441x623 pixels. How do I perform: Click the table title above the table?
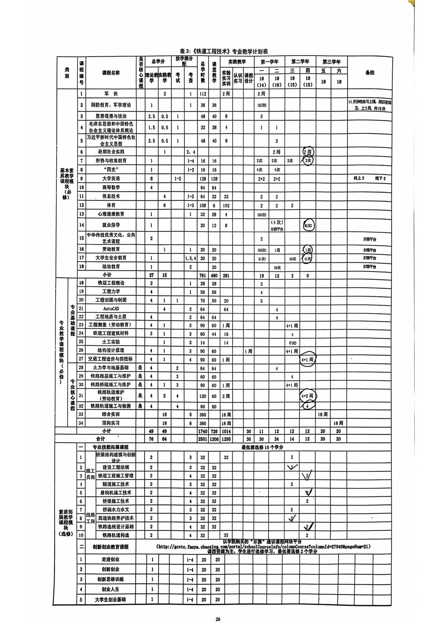click(224, 52)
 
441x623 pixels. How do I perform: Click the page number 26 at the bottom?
click(218, 619)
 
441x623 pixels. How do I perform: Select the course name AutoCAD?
click(111, 309)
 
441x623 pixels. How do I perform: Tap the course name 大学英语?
click(111, 178)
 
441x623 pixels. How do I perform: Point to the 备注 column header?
click(370, 72)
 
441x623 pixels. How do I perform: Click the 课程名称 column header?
click(111, 73)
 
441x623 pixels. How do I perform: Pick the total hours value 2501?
click(202, 439)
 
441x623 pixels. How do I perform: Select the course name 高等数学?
click(111, 187)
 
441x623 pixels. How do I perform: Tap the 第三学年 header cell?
click(331, 62)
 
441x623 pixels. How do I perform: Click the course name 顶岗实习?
click(111, 423)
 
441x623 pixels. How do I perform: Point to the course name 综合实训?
click(111, 414)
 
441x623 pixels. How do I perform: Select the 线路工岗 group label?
click(90, 518)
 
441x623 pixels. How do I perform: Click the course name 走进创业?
click(111, 559)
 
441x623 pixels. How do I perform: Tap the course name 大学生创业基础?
click(111, 599)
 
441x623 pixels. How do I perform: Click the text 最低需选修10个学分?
click(263, 447)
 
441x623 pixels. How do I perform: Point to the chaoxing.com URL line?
click(263, 546)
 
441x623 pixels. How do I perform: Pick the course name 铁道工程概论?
click(111, 283)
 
